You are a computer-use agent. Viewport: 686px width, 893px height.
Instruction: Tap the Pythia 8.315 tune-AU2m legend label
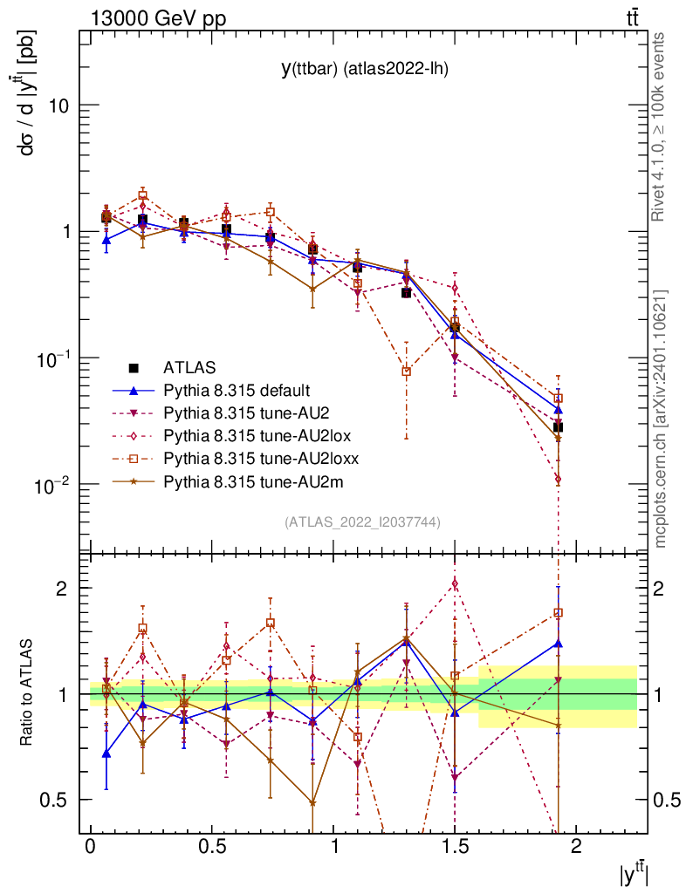244,481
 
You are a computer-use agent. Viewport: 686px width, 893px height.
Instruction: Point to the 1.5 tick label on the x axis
454,847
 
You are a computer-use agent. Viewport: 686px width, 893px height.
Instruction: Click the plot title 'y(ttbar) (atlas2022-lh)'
364,69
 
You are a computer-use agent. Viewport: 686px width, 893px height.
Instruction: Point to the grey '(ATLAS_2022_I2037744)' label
362,522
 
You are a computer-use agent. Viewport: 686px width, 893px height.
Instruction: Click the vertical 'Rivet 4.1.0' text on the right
660,126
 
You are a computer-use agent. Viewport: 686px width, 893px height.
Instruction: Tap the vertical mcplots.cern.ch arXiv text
660,419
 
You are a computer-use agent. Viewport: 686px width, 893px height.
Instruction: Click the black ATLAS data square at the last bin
558,427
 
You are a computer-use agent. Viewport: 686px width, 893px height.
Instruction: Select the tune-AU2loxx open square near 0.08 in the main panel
406,372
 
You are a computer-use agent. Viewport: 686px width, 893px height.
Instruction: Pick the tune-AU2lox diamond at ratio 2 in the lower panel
454,584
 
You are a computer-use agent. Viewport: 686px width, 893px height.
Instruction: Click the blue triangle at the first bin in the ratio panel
106,753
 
